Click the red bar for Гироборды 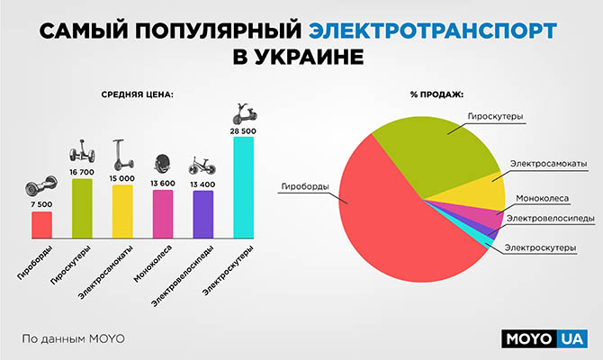click(41, 225)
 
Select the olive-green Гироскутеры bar click(82, 209)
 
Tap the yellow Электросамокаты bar click(122, 212)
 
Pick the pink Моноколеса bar click(163, 215)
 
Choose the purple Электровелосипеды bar click(203, 215)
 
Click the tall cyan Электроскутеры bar click(243, 187)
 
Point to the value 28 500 click(243, 130)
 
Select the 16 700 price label click(82, 172)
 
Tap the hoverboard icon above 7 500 click(41, 187)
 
